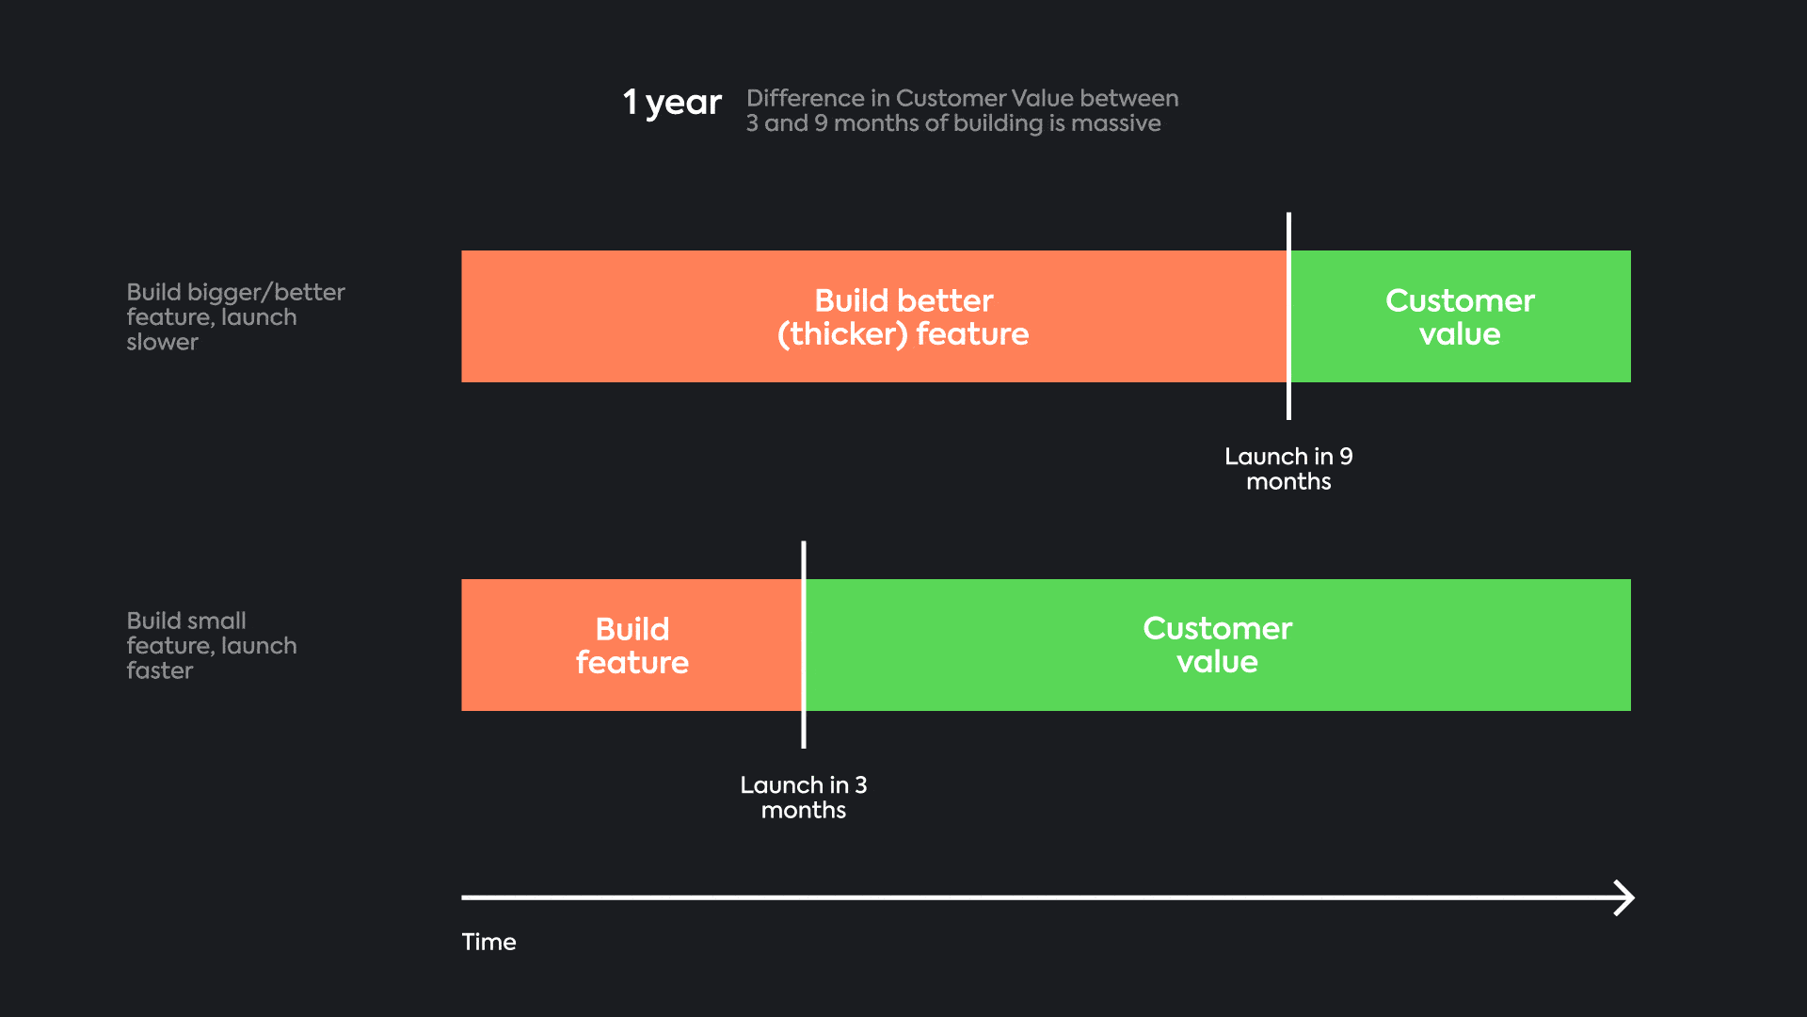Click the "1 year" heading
[x=672, y=102]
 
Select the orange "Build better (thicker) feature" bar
[x=874, y=316]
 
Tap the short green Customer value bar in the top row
[x=1461, y=316]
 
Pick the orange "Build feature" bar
[x=632, y=645]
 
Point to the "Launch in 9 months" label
[x=1288, y=469]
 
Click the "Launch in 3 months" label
[x=804, y=798]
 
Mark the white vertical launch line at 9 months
[x=1288, y=316]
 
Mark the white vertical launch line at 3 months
[x=804, y=645]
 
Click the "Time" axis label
[x=488, y=942]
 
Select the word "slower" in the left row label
[x=162, y=342]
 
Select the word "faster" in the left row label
[x=159, y=670]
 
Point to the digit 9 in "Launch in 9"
[x=1346, y=457]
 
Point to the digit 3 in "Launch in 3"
[x=861, y=785]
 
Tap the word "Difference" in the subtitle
[x=806, y=98]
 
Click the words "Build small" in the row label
[x=186, y=621]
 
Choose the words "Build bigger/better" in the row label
[x=235, y=292]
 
